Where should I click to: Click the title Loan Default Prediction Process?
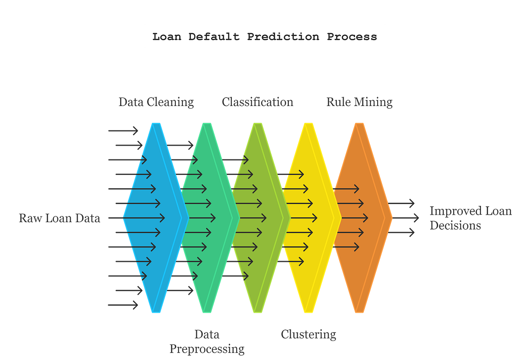(265, 37)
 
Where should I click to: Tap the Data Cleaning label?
(156, 102)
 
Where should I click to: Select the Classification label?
(257, 102)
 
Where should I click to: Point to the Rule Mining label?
(360, 102)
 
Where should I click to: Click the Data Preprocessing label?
(207, 341)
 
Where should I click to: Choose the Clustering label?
(309, 334)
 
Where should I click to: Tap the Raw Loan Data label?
(60, 218)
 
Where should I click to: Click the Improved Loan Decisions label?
(470, 218)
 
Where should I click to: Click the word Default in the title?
(214, 37)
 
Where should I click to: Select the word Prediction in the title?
(283, 37)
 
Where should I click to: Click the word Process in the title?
(352, 37)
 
